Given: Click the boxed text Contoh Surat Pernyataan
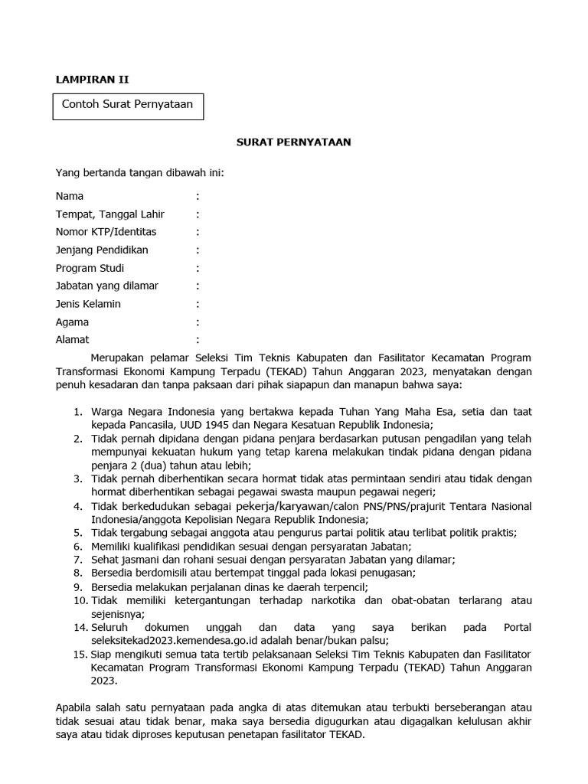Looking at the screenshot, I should [127, 104].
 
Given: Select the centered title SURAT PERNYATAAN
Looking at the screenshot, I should [293, 142].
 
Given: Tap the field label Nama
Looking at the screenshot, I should [70, 196].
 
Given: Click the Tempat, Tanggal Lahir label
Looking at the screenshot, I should [110, 214].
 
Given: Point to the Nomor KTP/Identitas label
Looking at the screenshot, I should [106, 232].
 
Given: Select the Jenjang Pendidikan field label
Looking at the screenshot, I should [102, 250].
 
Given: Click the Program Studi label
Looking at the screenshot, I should [90, 268].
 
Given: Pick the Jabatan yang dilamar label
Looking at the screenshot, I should [107, 286].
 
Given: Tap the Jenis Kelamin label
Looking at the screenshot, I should [88, 304].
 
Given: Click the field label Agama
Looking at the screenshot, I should [72, 322].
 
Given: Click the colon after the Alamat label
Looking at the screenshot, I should [198, 340].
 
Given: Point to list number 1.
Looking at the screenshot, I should [77, 412].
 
